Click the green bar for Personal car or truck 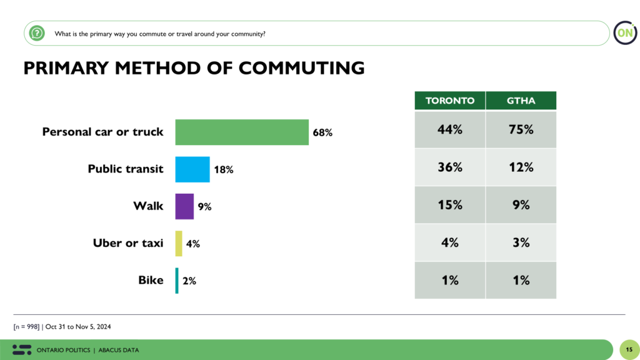[242, 132]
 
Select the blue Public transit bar [192, 169]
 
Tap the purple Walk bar [184, 206]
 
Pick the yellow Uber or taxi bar [179, 243]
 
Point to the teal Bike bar [177, 281]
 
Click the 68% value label [322, 132]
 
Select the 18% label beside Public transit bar [223, 169]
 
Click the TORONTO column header [450, 101]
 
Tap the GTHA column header [521, 101]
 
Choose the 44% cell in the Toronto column [450, 130]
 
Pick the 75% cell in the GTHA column [521, 130]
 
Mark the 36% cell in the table [450, 167]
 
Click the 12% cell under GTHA [521, 167]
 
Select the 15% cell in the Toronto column [450, 205]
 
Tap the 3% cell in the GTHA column [521, 242]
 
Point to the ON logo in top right [624, 32]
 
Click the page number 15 [629, 349]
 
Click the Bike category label [151, 280]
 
